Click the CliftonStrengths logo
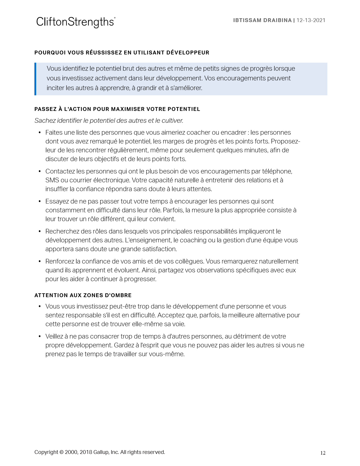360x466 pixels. pos(76,22)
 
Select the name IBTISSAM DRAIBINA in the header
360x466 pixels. pos(262,20)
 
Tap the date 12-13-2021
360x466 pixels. pos(311,20)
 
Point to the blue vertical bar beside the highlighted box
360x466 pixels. pos(35,79)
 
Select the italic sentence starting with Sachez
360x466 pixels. pos(109,121)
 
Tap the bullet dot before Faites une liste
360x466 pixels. pos(40,133)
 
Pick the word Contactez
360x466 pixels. pos(60,172)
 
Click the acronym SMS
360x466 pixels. pos(52,180)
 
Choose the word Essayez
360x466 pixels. pos(57,202)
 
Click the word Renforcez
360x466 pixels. pos(60,262)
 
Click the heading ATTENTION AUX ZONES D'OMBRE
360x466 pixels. pos(83,295)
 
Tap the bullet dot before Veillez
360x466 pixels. pos(40,337)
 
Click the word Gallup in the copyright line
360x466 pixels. pos(101,452)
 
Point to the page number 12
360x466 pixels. pos(323,453)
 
